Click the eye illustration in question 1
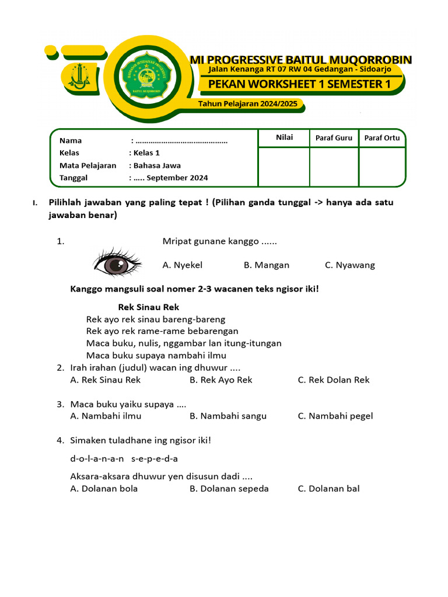tap(118, 264)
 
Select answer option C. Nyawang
tap(349, 265)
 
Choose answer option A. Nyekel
tap(182, 265)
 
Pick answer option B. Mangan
tap(266, 265)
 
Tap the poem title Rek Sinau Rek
tap(148, 307)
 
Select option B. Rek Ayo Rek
tap(220, 380)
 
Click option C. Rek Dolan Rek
tap(333, 380)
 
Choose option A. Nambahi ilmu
tap(106, 416)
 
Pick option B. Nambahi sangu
tap(228, 416)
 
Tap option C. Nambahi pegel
tap(335, 416)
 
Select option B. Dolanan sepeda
tap(229, 489)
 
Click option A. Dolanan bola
tap(104, 489)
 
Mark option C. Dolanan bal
tap(328, 489)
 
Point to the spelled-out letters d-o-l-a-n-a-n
tap(97, 459)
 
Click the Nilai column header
tap(284, 138)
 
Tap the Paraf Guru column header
tap(334, 138)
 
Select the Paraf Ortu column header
tap(382, 138)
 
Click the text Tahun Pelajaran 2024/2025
tap(248, 104)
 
